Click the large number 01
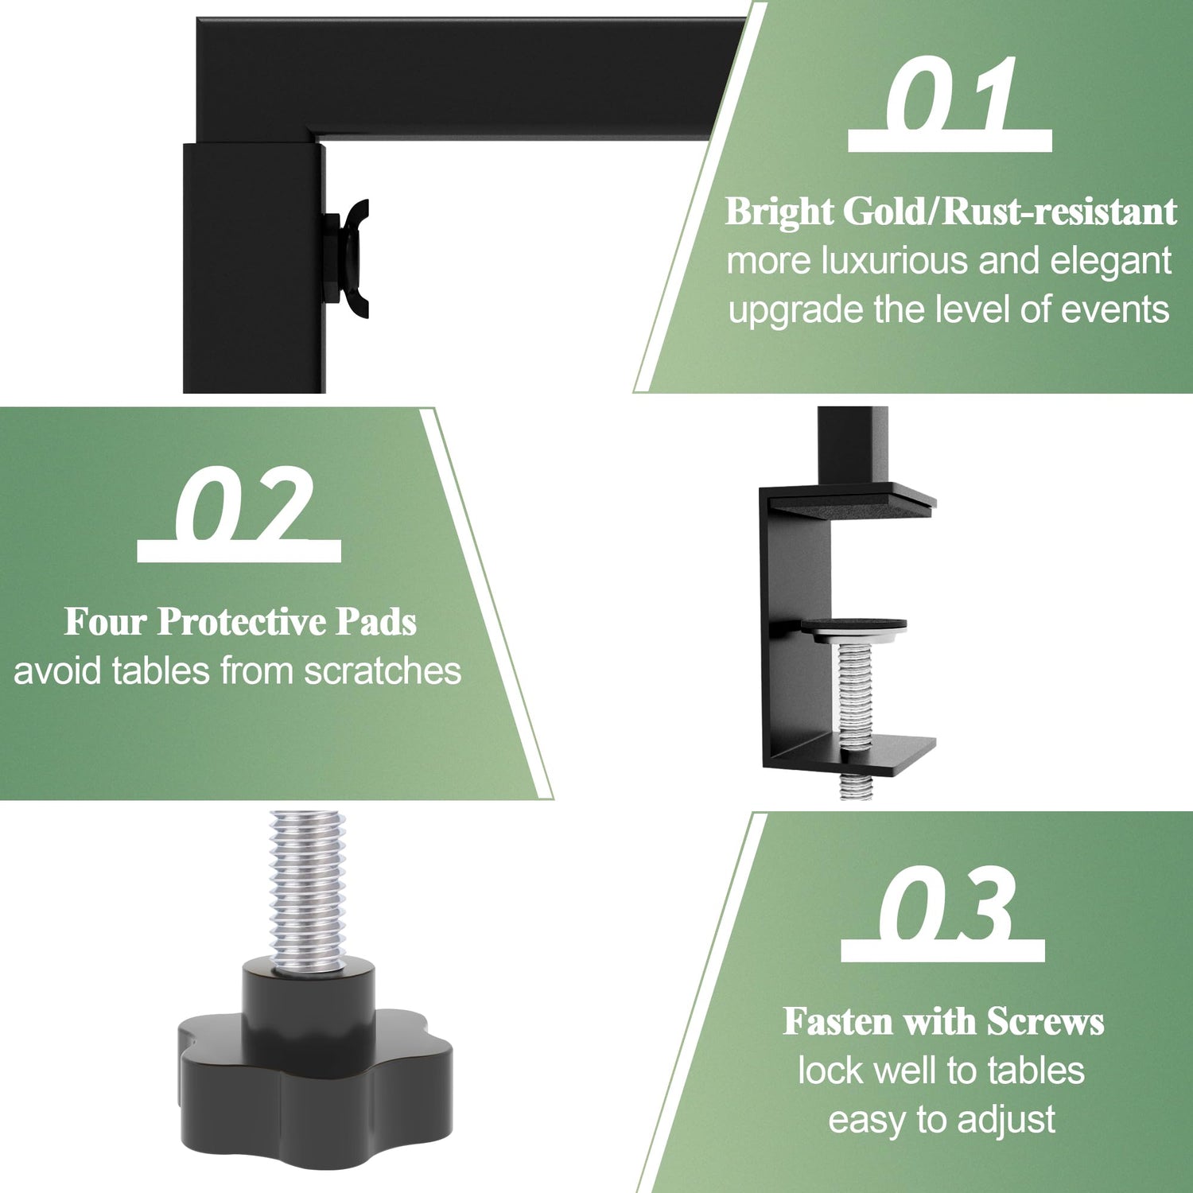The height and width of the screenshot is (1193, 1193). point(950,93)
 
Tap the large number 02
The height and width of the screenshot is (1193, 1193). point(243,503)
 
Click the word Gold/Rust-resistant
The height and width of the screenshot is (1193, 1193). point(1009,212)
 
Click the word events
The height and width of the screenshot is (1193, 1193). point(1115,309)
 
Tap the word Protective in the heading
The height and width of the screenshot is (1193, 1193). point(242,622)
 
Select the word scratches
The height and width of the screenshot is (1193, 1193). point(383,671)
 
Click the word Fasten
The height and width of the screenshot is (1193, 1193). point(839,1022)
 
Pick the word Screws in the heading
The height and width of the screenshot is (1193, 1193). point(1045,1022)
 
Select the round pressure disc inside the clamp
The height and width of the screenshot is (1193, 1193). point(853,628)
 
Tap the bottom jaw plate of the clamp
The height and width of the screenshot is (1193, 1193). point(849,754)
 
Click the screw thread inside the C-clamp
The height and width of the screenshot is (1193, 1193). point(854,692)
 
